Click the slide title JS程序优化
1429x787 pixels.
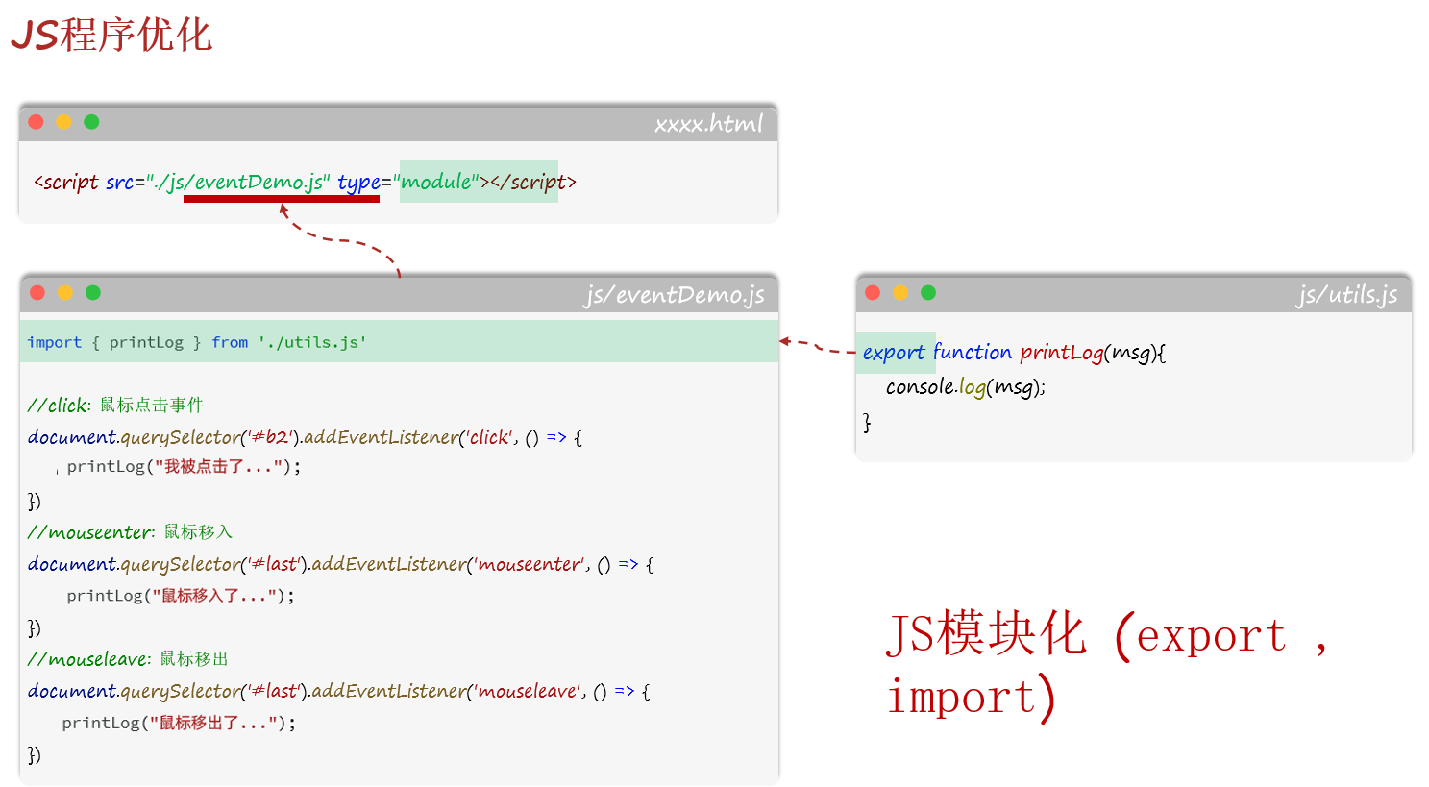[111, 36]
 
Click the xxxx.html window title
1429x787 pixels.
[708, 124]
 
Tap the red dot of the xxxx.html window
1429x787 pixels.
[37, 122]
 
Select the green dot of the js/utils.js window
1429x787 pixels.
[928, 293]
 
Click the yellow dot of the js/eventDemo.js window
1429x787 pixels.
[64, 293]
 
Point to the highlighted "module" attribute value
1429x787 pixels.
[438, 182]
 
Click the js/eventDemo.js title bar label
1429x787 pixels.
[674, 295]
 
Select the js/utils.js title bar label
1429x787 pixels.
[1346, 295]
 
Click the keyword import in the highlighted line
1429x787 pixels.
[55, 342]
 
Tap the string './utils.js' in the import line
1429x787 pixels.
[312, 342]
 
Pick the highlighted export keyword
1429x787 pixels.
[894, 353]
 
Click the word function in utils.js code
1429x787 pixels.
[972, 353]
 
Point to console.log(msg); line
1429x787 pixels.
[965, 387]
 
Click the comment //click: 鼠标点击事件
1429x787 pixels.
[115, 405]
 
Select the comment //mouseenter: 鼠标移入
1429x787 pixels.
[130, 531]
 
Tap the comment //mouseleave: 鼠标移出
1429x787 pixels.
[128, 658]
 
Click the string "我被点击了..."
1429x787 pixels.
[218, 467]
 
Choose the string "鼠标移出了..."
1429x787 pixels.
[213, 723]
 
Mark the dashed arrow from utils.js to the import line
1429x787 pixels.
[817, 346]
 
